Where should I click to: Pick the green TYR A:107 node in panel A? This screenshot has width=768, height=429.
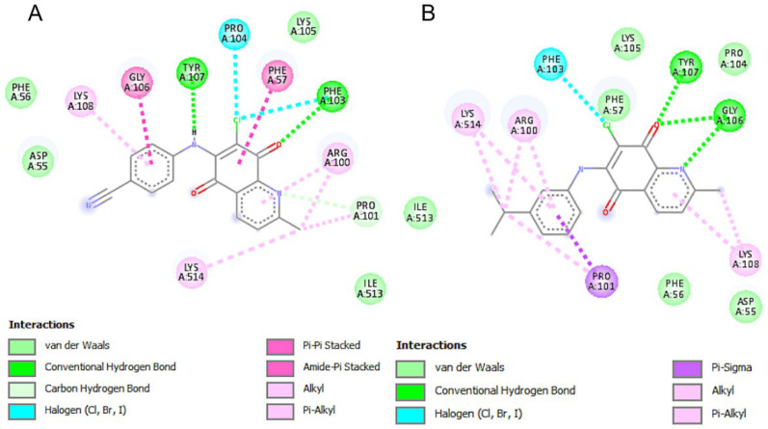click(x=194, y=71)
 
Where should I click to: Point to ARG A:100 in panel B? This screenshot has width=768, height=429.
click(x=521, y=126)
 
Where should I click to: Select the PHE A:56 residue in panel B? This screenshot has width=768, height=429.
click(x=674, y=288)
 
